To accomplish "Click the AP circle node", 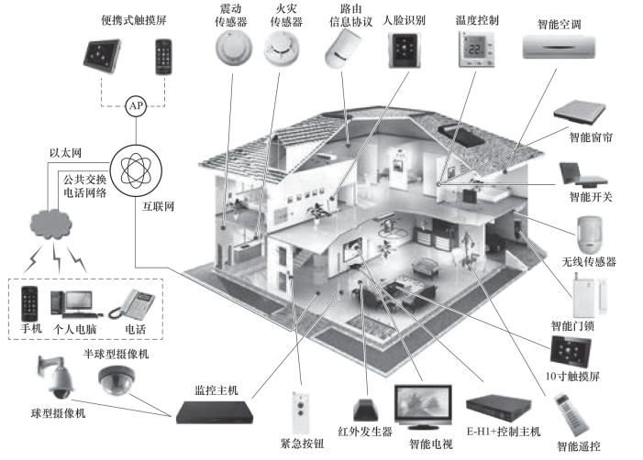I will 137,105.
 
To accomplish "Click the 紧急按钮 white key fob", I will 298,409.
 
